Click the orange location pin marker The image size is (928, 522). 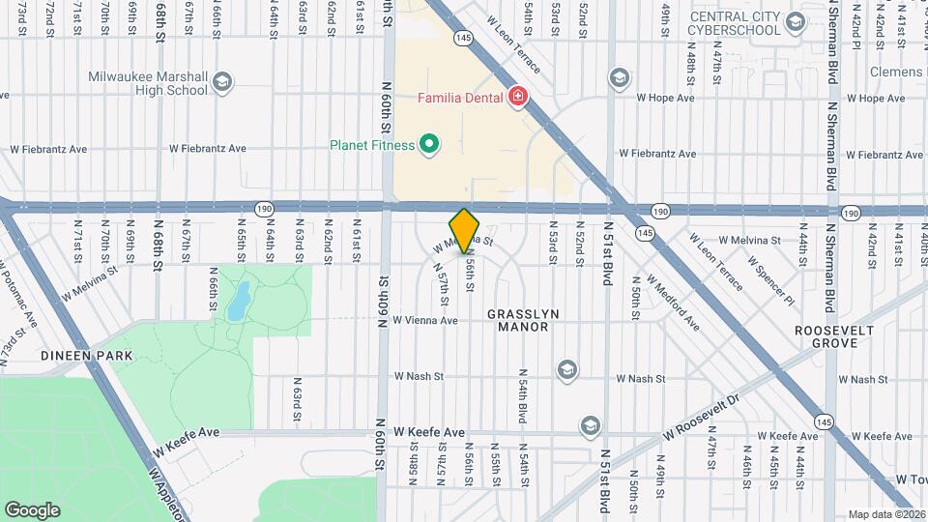pyautogui.click(x=465, y=230)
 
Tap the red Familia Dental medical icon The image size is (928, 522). pyautogui.click(x=518, y=97)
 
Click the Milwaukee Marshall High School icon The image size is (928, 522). pyautogui.click(x=224, y=81)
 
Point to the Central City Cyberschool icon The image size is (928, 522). pyautogui.click(x=796, y=21)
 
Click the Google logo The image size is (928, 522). pyautogui.click(x=32, y=509)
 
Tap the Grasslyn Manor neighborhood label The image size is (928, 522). pyautogui.click(x=517, y=321)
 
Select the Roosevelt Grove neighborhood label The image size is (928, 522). pyautogui.click(x=834, y=337)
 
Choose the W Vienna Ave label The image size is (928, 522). pyautogui.click(x=424, y=321)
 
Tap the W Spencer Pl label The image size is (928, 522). pyautogui.click(x=770, y=280)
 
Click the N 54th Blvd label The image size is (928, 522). pyautogui.click(x=522, y=393)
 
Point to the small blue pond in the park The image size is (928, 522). pyautogui.click(x=237, y=302)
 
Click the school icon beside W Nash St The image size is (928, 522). pyautogui.click(x=566, y=369)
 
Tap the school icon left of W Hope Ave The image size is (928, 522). pyautogui.click(x=619, y=77)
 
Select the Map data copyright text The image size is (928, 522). pyautogui.click(x=885, y=514)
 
